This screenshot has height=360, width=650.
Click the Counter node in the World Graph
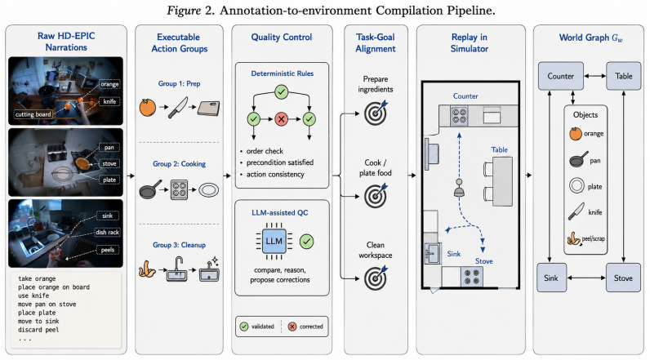click(x=560, y=76)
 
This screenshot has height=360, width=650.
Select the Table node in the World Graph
click(x=623, y=76)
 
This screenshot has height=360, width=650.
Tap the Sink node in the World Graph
click(x=551, y=278)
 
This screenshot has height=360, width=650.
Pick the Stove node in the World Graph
click(x=623, y=278)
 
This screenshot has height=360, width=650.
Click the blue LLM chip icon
click(x=274, y=241)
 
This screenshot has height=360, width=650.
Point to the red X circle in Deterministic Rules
click(x=281, y=119)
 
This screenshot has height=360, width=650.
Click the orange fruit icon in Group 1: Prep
click(x=148, y=108)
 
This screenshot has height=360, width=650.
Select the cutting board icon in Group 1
click(x=208, y=109)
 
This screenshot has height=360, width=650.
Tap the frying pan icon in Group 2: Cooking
click(x=150, y=189)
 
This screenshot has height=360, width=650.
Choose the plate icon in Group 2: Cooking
click(x=208, y=190)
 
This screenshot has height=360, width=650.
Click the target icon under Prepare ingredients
click(x=375, y=113)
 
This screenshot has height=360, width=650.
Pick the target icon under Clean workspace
click(x=375, y=278)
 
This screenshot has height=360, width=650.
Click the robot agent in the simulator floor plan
click(x=459, y=188)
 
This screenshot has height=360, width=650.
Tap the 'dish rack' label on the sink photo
click(x=107, y=233)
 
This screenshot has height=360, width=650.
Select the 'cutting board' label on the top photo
click(x=33, y=114)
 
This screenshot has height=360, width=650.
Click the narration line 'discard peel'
click(x=38, y=330)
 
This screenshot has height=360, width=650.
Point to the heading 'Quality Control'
click(x=282, y=38)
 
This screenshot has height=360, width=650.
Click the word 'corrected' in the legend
click(x=311, y=327)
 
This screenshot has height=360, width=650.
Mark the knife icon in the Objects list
click(x=576, y=211)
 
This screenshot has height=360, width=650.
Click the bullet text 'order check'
click(x=265, y=151)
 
